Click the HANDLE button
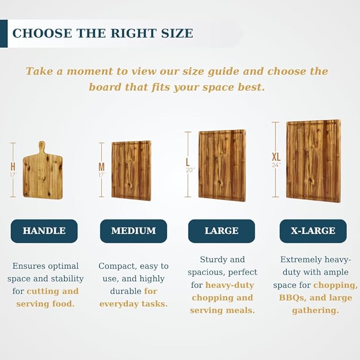(x=44, y=231)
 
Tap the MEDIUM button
(x=134, y=231)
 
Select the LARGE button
(x=222, y=231)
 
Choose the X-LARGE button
(x=313, y=231)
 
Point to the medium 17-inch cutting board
(x=131, y=171)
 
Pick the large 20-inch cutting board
(x=222, y=165)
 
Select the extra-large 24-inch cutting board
(x=313, y=161)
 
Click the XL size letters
(x=276, y=157)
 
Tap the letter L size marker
(x=188, y=162)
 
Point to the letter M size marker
(x=101, y=167)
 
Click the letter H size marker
(x=13, y=166)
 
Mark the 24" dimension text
(x=276, y=165)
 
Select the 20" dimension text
(x=190, y=170)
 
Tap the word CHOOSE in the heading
(x=42, y=33)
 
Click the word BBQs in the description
(x=292, y=298)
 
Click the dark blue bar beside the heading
(x=4, y=33)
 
